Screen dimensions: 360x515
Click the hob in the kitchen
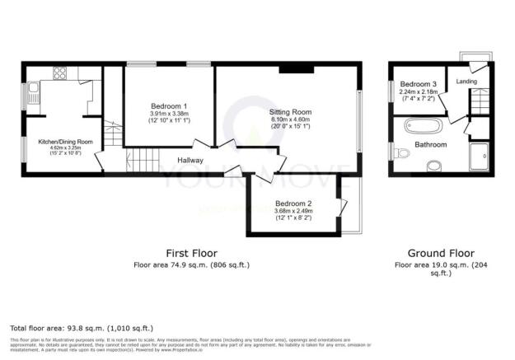pyautogui.click(x=59, y=73)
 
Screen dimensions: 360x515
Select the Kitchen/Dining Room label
pyautogui.click(x=65, y=143)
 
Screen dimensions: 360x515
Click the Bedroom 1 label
pyautogui.click(x=168, y=106)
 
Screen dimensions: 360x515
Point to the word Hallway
pyautogui.click(x=192, y=161)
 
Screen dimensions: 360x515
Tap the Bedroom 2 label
pyautogui.click(x=293, y=203)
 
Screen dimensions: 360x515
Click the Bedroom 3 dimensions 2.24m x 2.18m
pyautogui.click(x=417, y=93)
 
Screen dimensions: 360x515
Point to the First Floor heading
pyautogui.click(x=190, y=252)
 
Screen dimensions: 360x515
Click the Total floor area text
pyautogui.click(x=81, y=328)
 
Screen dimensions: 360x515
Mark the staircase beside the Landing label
pyautogui.click(x=479, y=102)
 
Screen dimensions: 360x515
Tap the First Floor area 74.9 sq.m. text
pyautogui.click(x=190, y=264)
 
